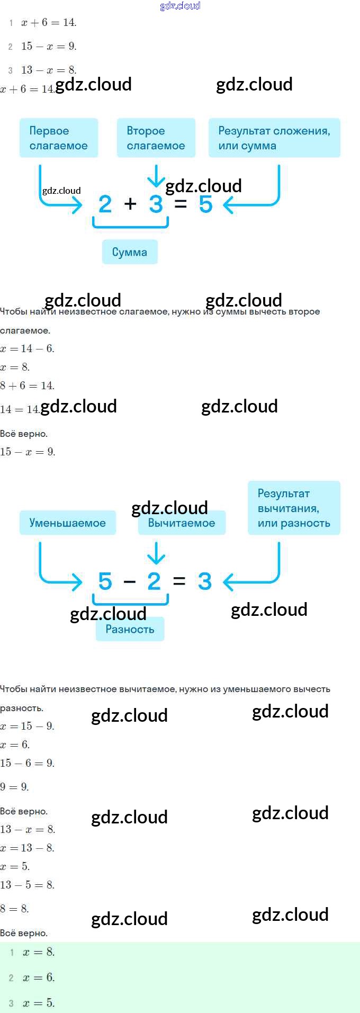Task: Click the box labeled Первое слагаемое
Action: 59,138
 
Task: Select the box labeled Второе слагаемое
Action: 156,138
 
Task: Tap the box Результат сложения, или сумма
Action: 274,138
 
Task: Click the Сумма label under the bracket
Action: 130,252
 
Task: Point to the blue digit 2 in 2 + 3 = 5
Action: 105,204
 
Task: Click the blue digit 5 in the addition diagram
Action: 205,204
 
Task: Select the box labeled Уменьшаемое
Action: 68,523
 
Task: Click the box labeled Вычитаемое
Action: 182,523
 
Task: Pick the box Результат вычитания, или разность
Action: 294,508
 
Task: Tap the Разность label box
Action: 130,629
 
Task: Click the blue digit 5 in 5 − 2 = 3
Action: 105,581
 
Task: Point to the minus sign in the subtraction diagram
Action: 130,582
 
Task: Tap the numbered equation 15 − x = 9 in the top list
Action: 49,46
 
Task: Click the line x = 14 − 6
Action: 27,348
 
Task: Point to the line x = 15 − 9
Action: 27,726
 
